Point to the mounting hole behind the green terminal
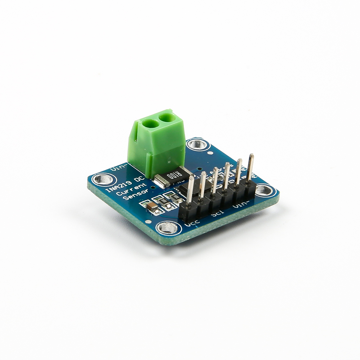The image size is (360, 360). [x=197, y=145]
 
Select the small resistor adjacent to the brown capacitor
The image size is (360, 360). [x=159, y=202]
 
